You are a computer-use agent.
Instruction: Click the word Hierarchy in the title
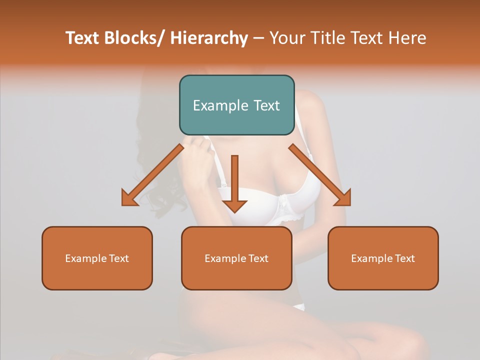209,38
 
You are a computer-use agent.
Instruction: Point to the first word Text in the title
83,38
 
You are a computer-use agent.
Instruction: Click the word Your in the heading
286,38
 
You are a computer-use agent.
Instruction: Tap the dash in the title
258,38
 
